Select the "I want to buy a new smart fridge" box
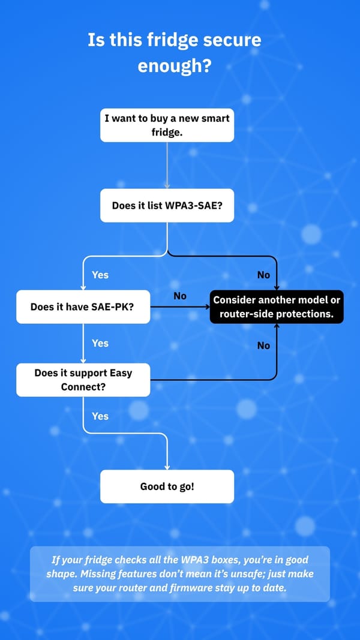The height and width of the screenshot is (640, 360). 167,125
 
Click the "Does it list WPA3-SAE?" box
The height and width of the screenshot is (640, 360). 167,205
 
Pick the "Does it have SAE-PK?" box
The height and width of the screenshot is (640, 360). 83,307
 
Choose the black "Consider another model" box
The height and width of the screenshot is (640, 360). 277,307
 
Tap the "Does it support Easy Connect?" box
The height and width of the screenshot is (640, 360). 83,380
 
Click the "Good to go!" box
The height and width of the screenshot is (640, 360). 167,486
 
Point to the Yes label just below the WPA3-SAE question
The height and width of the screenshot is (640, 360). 100,275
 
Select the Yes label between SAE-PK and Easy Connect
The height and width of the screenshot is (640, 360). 100,343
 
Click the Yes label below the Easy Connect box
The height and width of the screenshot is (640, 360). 100,416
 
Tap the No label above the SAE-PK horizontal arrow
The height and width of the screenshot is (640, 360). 180,296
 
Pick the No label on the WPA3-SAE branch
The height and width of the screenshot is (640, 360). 263,275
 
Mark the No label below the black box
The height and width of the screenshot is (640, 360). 263,345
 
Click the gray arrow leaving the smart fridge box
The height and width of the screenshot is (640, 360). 167,165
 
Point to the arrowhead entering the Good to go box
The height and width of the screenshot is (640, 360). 167,467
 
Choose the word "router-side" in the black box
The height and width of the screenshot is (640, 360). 240,314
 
